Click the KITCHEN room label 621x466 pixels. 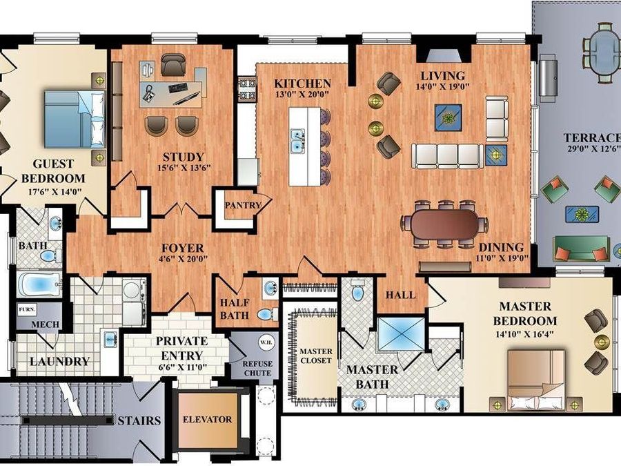303,84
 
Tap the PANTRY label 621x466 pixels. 243,205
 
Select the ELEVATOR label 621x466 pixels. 207,419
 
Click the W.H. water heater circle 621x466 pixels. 264,342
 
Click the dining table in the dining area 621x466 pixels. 444,224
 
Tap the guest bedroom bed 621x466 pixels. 75,119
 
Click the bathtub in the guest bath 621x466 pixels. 39,284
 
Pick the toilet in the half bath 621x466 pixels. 267,314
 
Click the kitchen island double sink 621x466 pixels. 297,141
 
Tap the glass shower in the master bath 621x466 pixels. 400,334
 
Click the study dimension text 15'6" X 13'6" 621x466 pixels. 184,168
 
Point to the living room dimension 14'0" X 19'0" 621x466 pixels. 442,86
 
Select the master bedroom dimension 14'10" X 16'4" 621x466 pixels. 524,333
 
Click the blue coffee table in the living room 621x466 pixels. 448,117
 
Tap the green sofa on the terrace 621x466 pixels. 581,249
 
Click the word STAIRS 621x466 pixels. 139,420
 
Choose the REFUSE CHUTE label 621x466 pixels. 257,368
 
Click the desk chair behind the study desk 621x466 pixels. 173,64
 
